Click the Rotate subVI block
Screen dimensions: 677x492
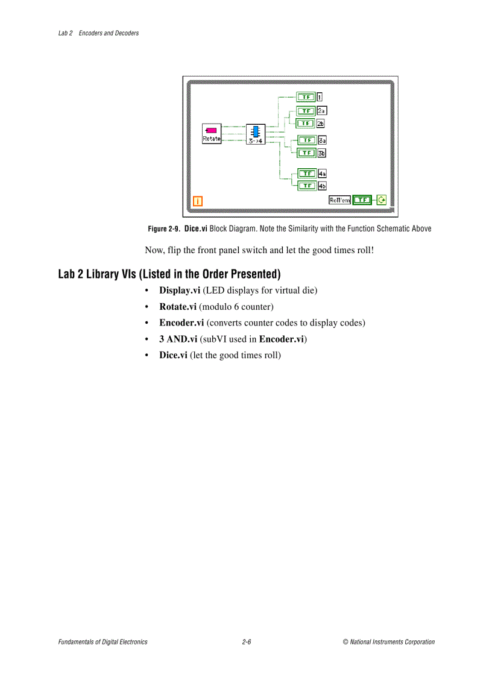tap(212, 133)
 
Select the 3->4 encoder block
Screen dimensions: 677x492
tap(255, 134)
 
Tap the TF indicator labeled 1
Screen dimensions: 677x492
tap(306, 96)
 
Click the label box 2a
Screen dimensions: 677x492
tap(321, 111)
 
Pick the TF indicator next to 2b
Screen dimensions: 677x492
tap(306, 123)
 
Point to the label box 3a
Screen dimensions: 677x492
tap(322, 140)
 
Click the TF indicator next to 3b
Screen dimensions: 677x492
tap(306, 153)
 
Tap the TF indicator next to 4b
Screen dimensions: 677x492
tap(306, 186)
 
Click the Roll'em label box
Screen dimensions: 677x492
tap(339, 200)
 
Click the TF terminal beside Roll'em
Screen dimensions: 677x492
tap(362, 200)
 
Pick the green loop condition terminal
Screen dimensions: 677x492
tap(381, 200)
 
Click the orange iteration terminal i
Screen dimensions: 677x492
tap(197, 201)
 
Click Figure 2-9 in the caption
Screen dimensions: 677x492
tap(164, 229)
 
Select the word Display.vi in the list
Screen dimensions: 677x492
tap(180, 291)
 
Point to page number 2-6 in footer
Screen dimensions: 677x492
tap(246, 642)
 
